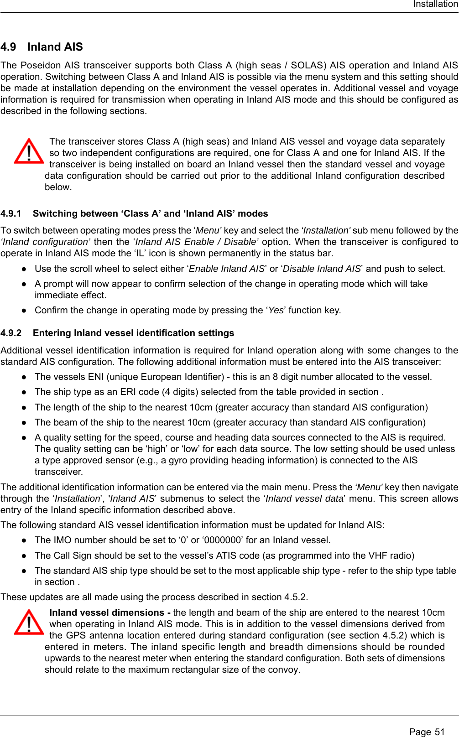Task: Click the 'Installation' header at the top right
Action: pyautogui.click(x=435, y=4)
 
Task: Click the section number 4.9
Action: pyautogui.click(x=8, y=47)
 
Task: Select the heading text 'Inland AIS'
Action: pyautogui.click(x=55, y=47)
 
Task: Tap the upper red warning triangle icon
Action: pyautogui.click(x=29, y=151)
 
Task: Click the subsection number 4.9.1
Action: pyautogui.click(x=11, y=213)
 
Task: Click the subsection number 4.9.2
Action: pyautogui.click(x=11, y=333)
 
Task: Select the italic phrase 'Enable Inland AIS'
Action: pyautogui.click(x=227, y=269)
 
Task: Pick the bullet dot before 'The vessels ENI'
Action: pyautogui.click(x=24, y=377)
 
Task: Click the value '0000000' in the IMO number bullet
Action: pyautogui.click(x=222, y=540)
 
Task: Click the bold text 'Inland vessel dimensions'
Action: pyautogui.click(x=107, y=612)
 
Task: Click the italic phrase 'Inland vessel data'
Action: pyautogui.click(x=304, y=498)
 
